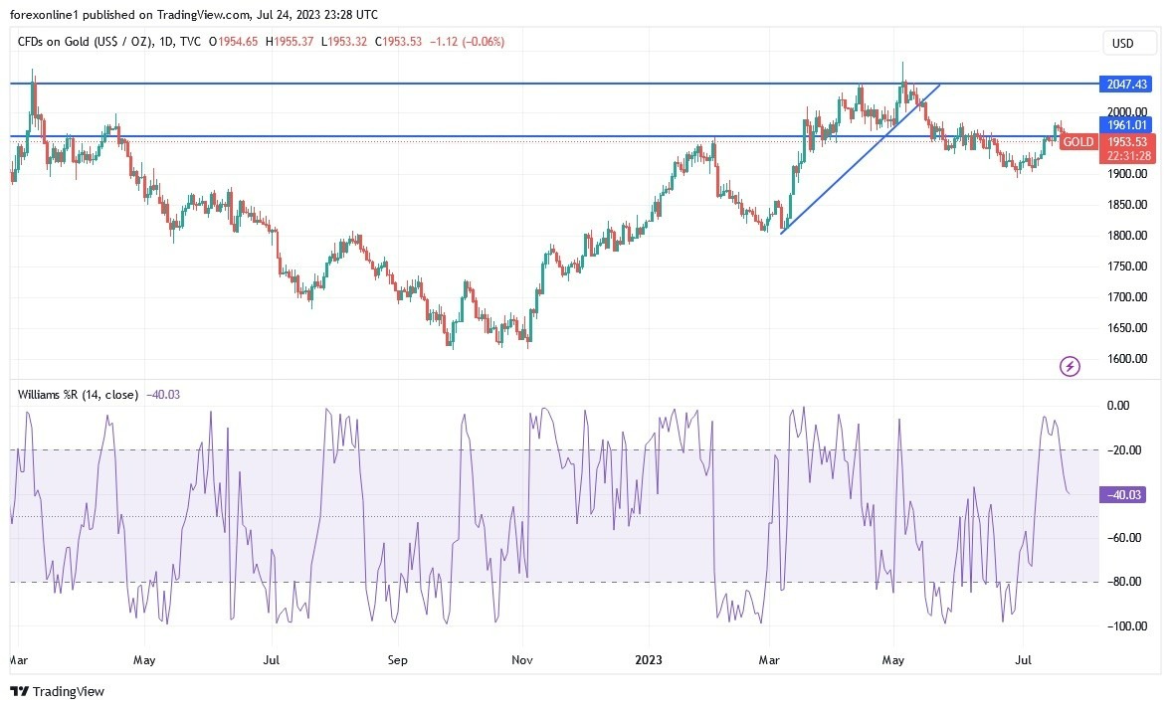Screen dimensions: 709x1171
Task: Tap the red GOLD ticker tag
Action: click(x=1078, y=142)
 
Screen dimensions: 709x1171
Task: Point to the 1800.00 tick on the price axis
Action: click(x=1128, y=236)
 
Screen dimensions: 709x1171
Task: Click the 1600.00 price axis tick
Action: click(x=1128, y=359)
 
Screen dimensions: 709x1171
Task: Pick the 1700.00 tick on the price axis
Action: click(x=1128, y=297)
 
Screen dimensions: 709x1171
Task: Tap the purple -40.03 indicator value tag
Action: click(x=1122, y=494)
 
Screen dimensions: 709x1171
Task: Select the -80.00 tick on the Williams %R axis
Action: click(x=1125, y=582)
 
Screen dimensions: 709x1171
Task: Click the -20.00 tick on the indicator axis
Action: click(x=1125, y=450)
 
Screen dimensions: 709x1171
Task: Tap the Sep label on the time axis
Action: click(x=397, y=659)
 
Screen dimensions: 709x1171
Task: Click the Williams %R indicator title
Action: click(x=79, y=394)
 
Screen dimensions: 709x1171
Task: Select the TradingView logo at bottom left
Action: click(x=58, y=691)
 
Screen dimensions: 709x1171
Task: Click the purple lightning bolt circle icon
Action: click(x=1070, y=367)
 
